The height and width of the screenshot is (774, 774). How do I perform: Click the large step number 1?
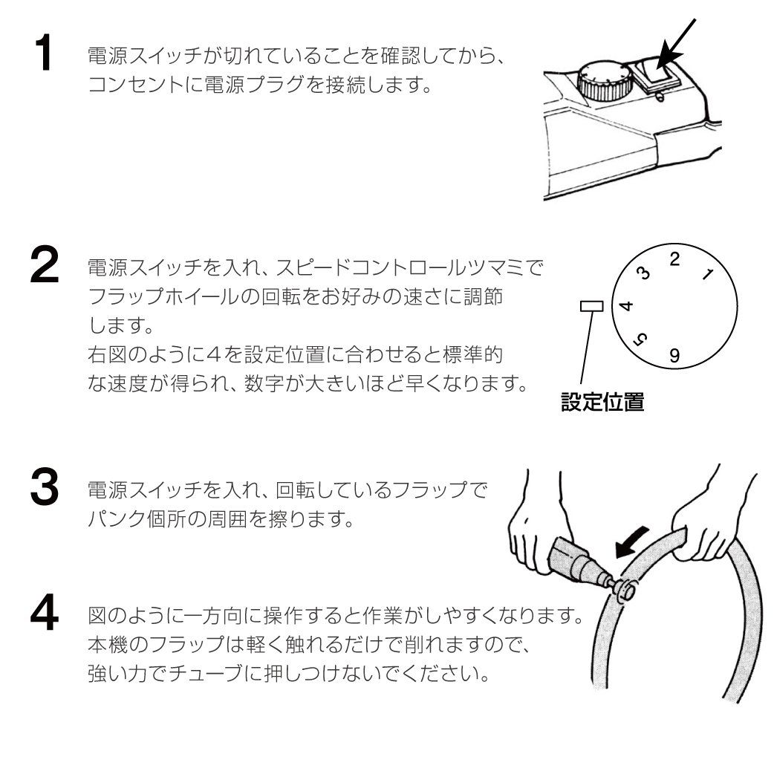(45, 53)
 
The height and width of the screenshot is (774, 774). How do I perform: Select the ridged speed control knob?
(602, 82)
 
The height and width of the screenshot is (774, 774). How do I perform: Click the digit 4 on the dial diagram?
(626, 306)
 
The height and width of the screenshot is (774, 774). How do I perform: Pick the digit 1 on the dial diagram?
(706, 275)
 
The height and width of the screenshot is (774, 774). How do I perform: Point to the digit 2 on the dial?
(674, 259)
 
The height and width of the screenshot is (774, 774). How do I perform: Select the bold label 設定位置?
(602, 403)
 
